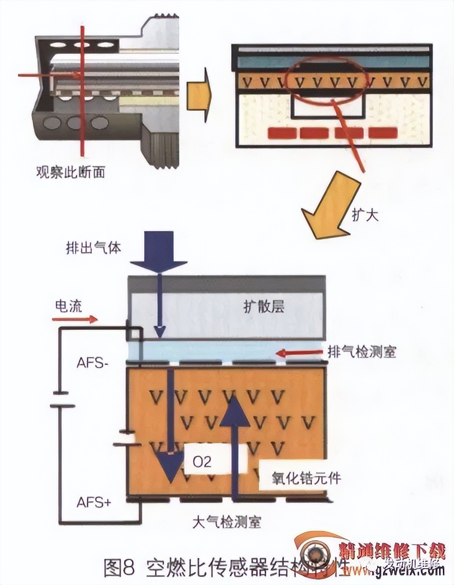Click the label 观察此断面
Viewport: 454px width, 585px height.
70,172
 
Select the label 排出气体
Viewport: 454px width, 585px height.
94,248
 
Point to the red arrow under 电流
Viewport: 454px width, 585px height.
75,320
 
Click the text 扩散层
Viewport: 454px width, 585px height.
264,307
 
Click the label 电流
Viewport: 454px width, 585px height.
69,307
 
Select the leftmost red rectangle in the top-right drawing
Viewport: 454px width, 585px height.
282,133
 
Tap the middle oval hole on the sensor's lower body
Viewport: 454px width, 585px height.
75,124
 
